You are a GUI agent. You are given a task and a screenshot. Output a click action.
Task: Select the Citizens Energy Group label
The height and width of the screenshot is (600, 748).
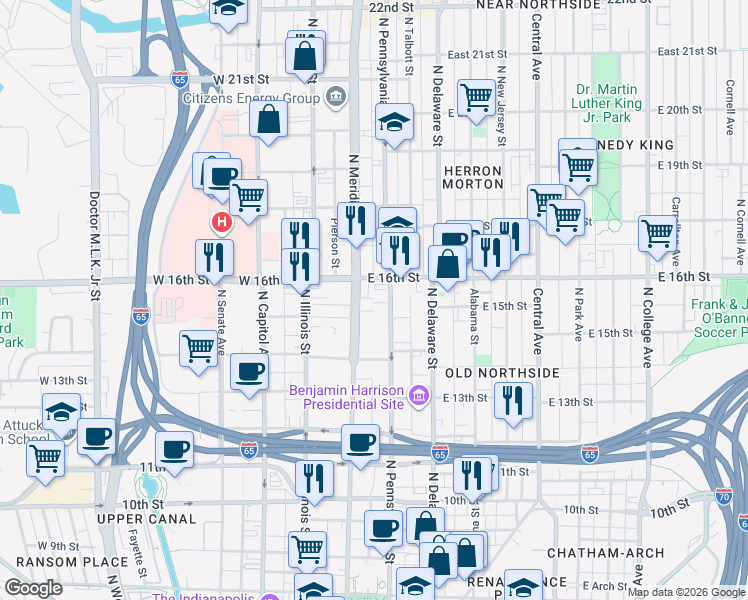(x=250, y=98)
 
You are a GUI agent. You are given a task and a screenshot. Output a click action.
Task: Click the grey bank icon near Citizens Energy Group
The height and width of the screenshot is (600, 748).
(x=335, y=98)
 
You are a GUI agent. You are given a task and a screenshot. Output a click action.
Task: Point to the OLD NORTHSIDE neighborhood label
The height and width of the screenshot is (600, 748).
(x=502, y=373)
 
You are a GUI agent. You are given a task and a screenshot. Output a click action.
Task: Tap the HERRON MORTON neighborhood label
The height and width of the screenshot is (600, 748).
(x=473, y=177)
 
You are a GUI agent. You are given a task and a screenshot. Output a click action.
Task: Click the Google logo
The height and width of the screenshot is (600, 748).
(x=33, y=588)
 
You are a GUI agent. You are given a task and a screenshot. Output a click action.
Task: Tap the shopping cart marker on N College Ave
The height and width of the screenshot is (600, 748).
(x=658, y=232)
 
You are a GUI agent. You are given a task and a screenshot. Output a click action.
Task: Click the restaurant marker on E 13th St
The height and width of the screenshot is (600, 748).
(x=514, y=400)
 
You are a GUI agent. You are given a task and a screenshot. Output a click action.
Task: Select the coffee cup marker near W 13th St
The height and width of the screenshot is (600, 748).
(x=249, y=372)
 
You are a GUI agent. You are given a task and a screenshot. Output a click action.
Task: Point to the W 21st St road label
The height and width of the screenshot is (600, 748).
(x=235, y=78)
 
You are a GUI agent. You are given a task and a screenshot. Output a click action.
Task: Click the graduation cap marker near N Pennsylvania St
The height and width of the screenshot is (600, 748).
(x=395, y=122)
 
